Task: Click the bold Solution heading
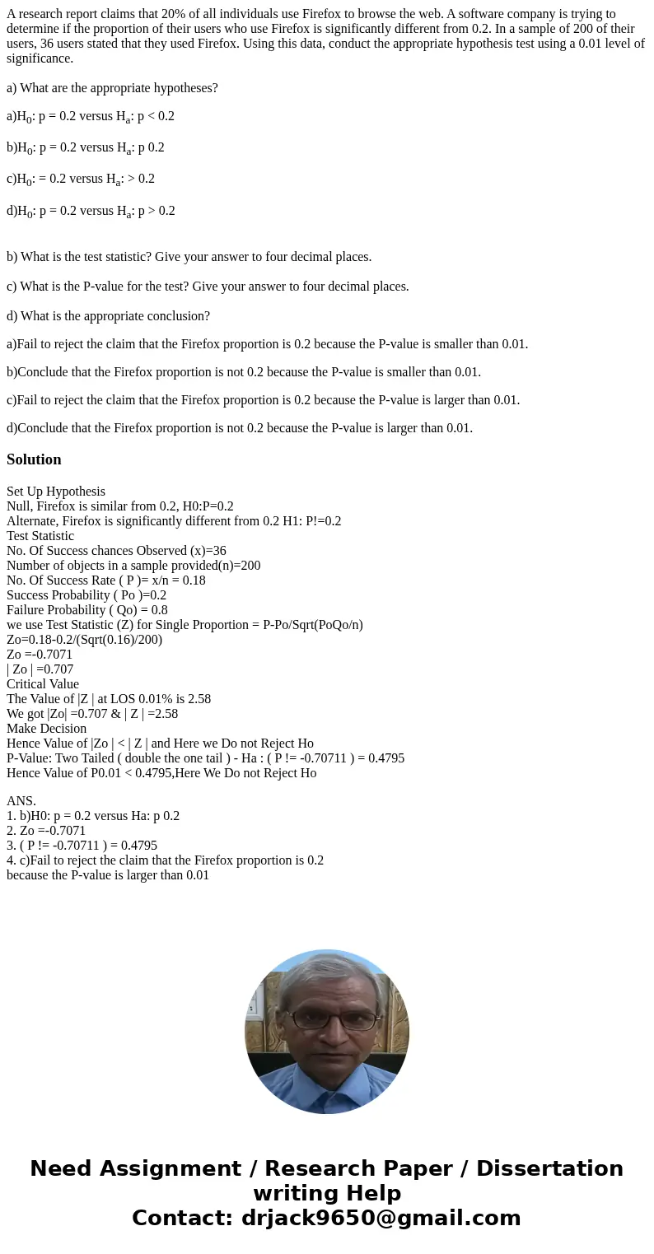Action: click(x=34, y=459)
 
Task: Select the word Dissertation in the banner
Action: click(x=549, y=1168)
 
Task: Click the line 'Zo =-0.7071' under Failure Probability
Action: click(x=40, y=655)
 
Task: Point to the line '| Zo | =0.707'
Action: click(x=40, y=669)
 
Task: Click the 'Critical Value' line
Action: click(x=43, y=684)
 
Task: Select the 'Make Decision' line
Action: click(x=46, y=729)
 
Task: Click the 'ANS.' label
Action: click(x=21, y=801)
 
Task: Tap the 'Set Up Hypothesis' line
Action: click(x=56, y=492)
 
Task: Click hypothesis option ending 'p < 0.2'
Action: click(x=91, y=117)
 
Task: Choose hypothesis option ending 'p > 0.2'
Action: click(x=91, y=211)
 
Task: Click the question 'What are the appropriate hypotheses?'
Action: click(x=112, y=88)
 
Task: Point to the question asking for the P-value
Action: click(x=208, y=287)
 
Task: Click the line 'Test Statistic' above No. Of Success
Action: click(x=40, y=536)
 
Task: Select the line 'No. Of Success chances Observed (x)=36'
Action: click(x=116, y=551)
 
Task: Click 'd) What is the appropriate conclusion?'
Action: click(x=108, y=316)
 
